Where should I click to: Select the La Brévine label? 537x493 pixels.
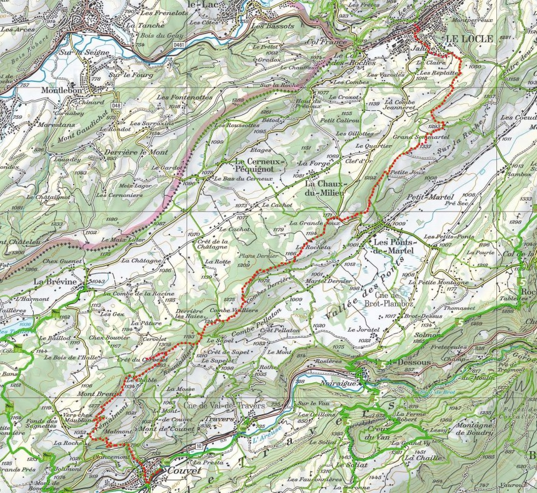pyautogui.click(x=55, y=282)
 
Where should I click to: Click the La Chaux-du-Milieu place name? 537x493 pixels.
pyautogui.click(x=325, y=189)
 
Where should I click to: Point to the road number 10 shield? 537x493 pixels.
pyautogui.click(x=199, y=445)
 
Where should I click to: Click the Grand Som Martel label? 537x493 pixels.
pyautogui.click(x=413, y=136)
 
